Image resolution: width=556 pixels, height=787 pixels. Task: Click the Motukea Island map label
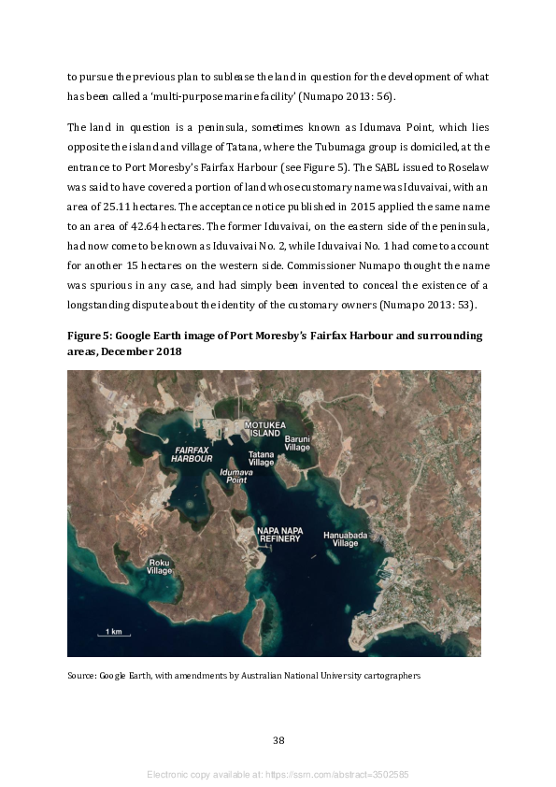click(263, 429)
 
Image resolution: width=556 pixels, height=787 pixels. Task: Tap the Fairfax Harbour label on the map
click(192, 454)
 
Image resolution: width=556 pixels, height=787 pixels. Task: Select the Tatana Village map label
click(262, 458)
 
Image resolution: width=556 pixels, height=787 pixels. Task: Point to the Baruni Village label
click(297, 442)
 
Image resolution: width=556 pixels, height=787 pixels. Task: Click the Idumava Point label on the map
click(235, 477)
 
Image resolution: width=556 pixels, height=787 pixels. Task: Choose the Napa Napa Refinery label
click(279, 535)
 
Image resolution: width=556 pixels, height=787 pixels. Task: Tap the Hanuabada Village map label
click(340, 538)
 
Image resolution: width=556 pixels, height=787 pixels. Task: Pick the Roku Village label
click(160, 566)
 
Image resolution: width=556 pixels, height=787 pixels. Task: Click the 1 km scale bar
click(114, 633)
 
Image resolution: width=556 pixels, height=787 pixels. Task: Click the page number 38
click(278, 740)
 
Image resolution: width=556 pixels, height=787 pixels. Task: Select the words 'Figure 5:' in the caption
click(91, 336)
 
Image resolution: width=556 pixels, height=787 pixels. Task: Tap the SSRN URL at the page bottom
click(339, 775)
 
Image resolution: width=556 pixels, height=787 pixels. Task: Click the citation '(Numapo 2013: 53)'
click(433, 304)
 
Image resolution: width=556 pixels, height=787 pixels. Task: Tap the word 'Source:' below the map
click(82, 675)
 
